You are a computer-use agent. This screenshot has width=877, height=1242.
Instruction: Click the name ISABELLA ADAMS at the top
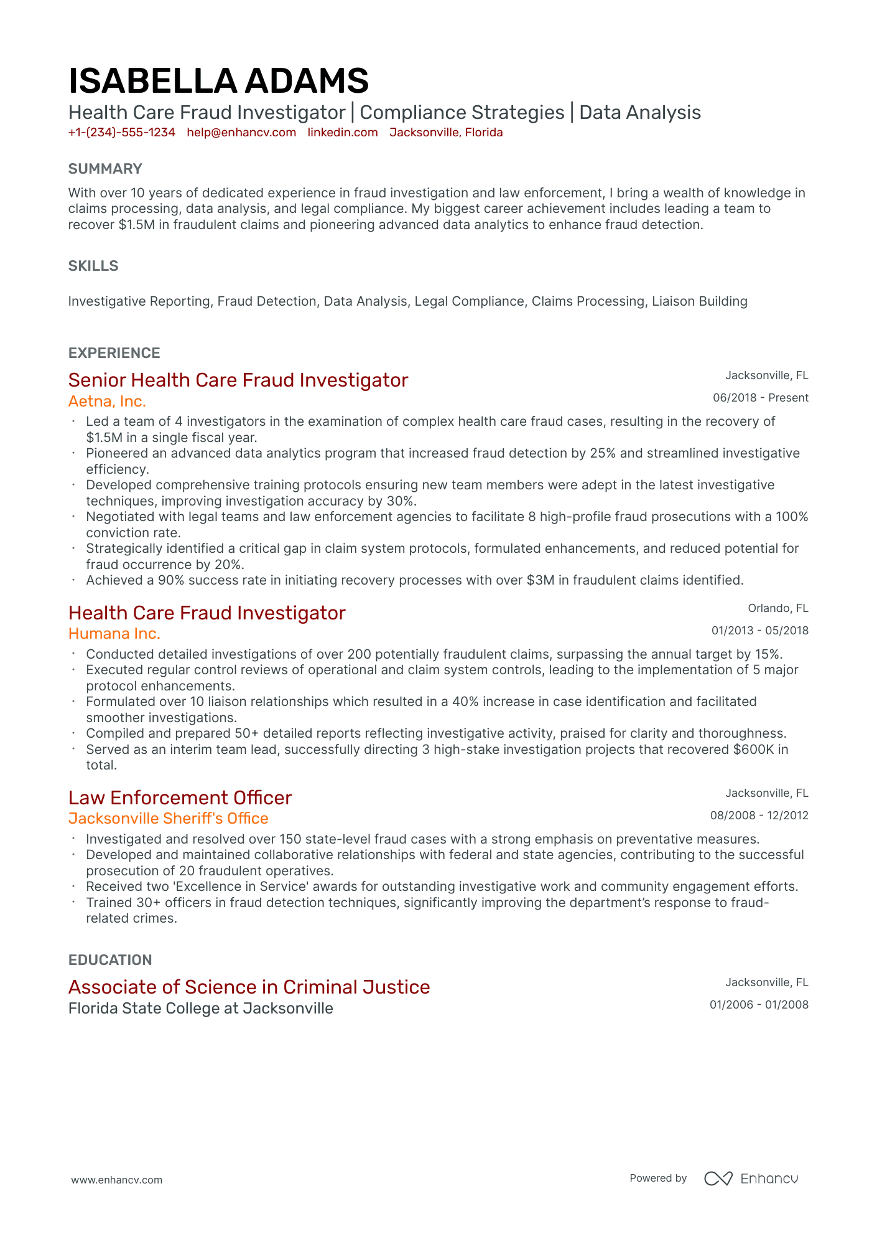(218, 82)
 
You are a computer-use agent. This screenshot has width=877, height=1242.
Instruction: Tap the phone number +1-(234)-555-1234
(122, 133)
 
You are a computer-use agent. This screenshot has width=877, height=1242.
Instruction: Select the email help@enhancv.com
(241, 133)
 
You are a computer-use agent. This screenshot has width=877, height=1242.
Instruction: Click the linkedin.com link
(343, 133)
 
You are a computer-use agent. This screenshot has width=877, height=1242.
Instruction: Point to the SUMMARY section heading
(105, 169)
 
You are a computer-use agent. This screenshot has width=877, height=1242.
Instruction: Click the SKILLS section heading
(93, 266)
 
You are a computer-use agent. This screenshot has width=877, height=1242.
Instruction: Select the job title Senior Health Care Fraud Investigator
(238, 380)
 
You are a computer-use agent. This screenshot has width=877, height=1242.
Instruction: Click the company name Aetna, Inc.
(107, 402)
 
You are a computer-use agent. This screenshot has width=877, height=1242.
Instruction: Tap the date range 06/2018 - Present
(760, 398)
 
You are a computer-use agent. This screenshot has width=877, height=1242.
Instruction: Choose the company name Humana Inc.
(114, 634)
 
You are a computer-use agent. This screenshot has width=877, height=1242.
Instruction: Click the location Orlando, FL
(777, 608)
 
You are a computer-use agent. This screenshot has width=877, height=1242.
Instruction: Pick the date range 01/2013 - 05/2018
(759, 631)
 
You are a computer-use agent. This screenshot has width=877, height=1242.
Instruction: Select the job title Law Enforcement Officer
(180, 798)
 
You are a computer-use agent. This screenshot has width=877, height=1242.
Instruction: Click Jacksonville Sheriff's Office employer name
(169, 819)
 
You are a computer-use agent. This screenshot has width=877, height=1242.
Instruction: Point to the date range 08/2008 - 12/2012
(759, 816)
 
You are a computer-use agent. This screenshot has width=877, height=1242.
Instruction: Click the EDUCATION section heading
(110, 960)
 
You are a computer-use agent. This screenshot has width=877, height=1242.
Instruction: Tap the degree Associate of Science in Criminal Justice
(249, 987)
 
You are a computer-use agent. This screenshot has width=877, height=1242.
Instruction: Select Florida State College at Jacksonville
(201, 1009)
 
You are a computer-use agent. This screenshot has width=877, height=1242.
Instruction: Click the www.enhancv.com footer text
(116, 1180)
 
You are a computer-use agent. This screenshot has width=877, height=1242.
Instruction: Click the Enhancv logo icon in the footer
(718, 1178)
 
